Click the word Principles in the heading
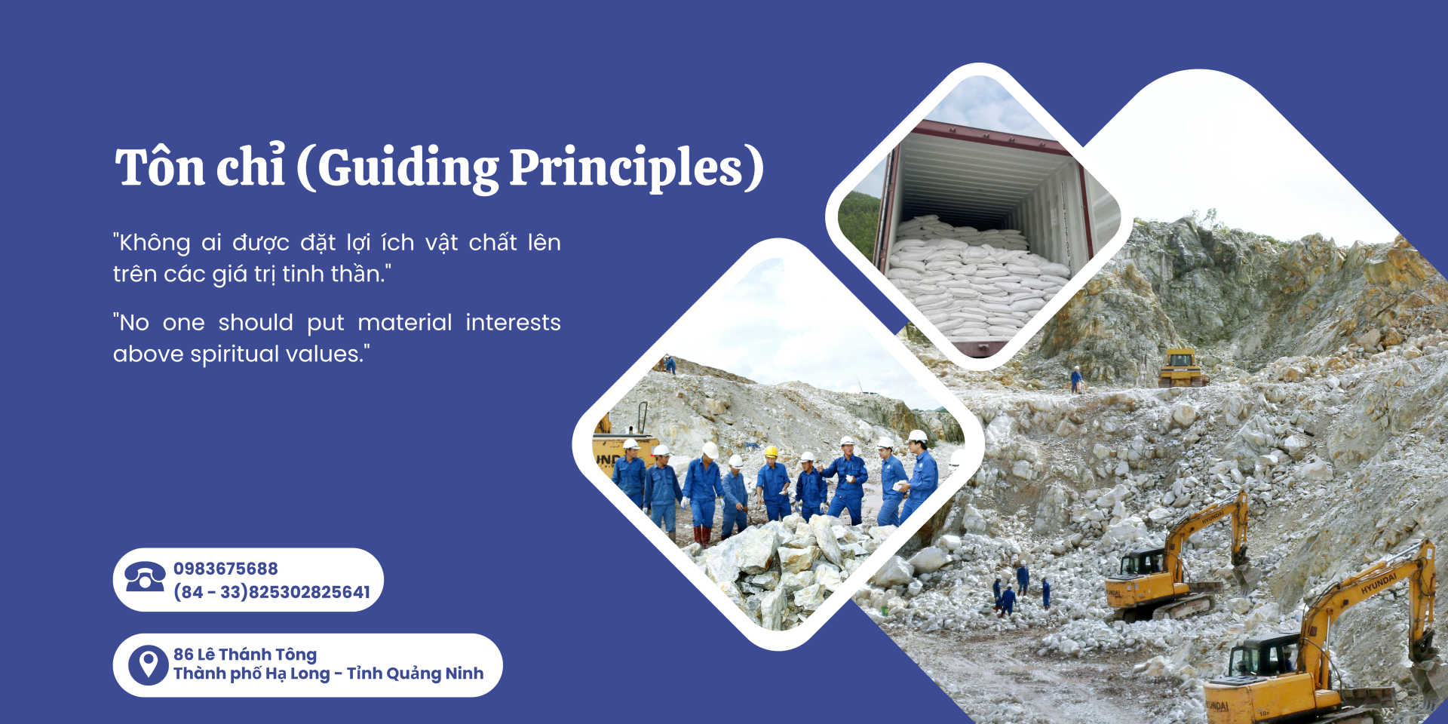click(627, 167)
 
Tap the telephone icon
click(145, 578)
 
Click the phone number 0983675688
click(225, 569)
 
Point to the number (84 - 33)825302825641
click(271, 592)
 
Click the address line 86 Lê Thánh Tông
click(245, 654)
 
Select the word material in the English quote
click(405, 322)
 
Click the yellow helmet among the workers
click(771, 451)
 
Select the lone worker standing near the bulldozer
click(1075, 379)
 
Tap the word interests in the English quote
click(513, 322)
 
